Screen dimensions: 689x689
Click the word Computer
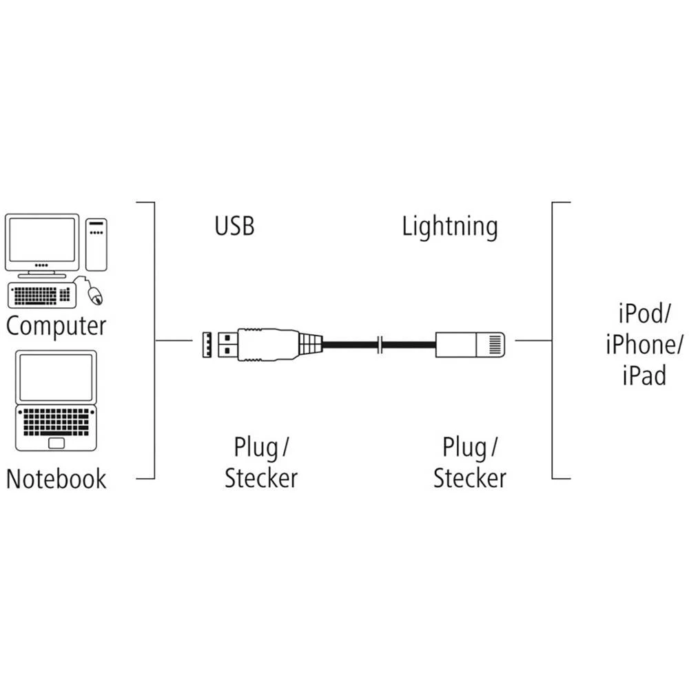(x=56, y=325)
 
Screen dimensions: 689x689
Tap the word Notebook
(x=56, y=478)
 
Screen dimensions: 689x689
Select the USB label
(x=234, y=226)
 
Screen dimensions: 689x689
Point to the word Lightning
(x=449, y=227)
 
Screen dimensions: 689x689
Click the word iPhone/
(x=644, y=344)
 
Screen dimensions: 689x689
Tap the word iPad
(x=644, y=376)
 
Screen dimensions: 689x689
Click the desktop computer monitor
(x=41, y=239)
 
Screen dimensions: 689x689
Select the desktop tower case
(x=96, y=245)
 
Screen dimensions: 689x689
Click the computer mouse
(x=96, y=296)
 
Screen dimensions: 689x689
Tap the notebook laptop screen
(x=56, y=377)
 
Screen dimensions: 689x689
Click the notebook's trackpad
(x=56, y=441)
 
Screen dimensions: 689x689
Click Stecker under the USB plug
(x=261, y=478)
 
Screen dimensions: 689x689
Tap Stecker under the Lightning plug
(x=470, y=478)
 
